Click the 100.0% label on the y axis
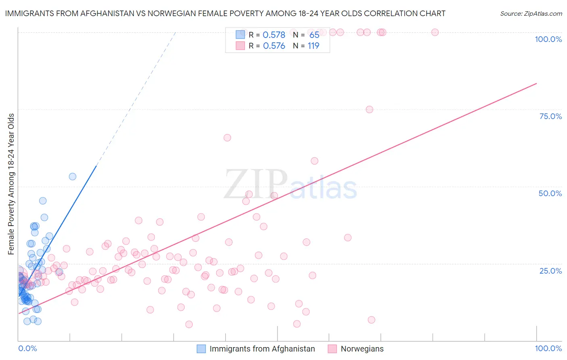coord(548,39)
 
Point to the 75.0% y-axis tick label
coord(550,116)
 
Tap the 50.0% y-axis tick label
coord(550,193)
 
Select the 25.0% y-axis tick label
coord(550,270)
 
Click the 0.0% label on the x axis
coord(27,348)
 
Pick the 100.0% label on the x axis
coord(548,348)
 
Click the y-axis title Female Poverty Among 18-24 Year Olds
coord(11,184)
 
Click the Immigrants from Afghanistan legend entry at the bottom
coord(262,349)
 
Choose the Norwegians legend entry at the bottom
coord(362,349)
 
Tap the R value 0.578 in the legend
coord(274,35)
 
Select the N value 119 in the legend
coord(313,46)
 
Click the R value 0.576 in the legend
coord(274,46)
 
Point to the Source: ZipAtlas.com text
coord(531,14)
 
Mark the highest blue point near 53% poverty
coord(73,176)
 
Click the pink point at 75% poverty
coord(369,109)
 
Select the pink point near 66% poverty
coord(227,138)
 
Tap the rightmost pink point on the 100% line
coord(435,32)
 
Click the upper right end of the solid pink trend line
coord(536,84)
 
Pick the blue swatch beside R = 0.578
coord(240,35)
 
